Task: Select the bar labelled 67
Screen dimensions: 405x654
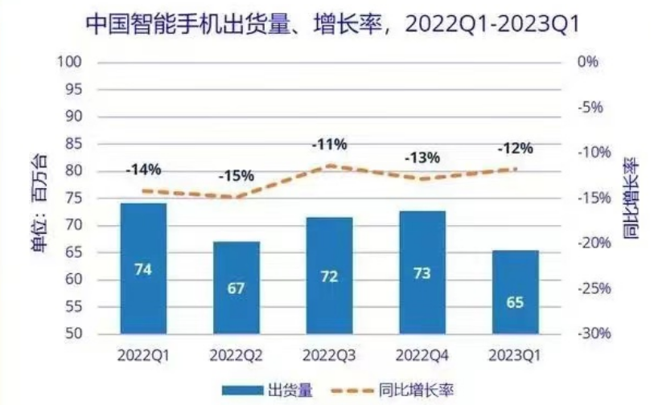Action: click(x=236, y=287)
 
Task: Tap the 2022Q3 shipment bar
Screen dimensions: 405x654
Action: click(x=329, y=275)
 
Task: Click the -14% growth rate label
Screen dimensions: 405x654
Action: click(x=143, y=170)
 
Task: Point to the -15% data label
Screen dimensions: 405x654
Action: click(x=236, y=175)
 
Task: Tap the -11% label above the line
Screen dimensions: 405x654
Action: click(x=329, y=145)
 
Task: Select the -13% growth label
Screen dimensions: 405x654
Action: click(x=422, y=157)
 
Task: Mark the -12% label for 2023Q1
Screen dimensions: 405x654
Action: click(x=515, y=149)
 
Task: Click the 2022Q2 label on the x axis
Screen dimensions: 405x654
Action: click(x=236, y=354)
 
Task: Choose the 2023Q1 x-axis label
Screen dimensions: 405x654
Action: click(x=515, y=354)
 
